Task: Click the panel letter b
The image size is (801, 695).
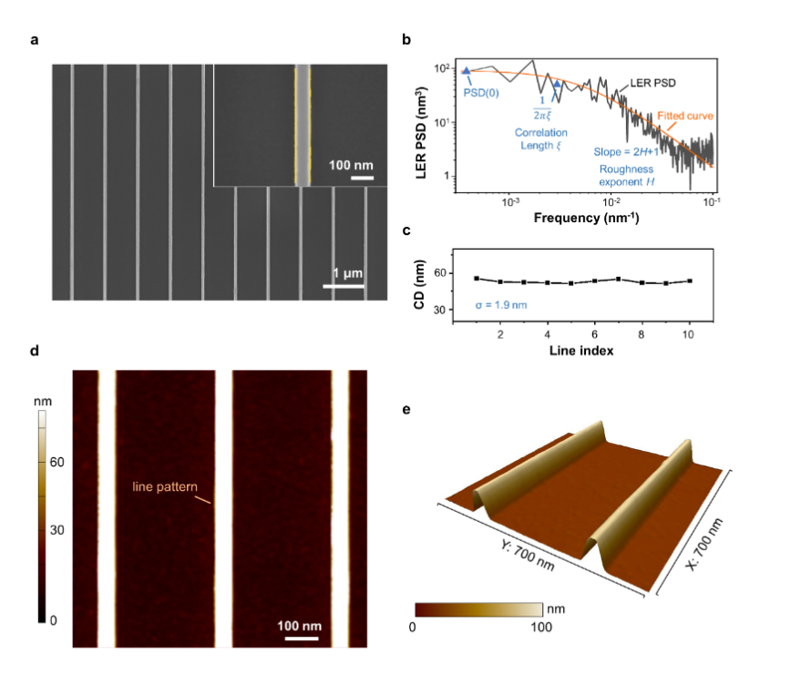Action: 406,40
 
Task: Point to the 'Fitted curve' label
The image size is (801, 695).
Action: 683,117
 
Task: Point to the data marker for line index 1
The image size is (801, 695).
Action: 477,278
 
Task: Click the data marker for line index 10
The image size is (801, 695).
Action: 690,281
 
